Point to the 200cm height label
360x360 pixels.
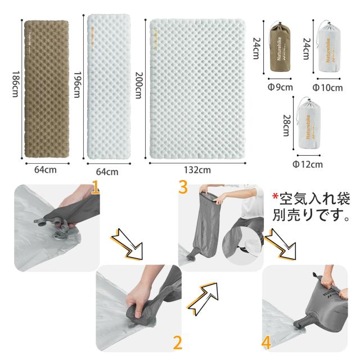click(x=140, y=87)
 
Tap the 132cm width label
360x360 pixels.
click(x=197, y=169)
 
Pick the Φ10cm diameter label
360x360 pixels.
click(x=327, y=87)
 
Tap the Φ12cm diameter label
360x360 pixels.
click(x=308, y=164)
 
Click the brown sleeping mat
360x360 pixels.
click(x=47, y=89)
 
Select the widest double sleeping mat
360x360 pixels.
click(x=197, y=89)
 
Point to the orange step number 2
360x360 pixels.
click(x=177, y=341)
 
